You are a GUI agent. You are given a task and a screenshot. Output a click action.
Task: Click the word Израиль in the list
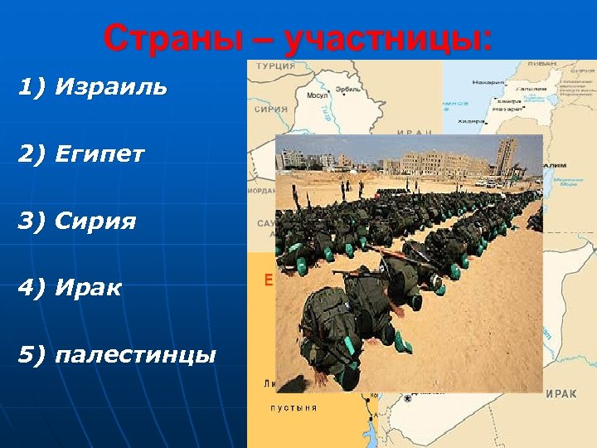[x=111, y=87]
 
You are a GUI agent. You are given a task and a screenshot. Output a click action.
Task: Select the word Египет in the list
[x=99, y=153]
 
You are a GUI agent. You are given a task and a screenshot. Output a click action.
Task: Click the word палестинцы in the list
[x=135, y=355]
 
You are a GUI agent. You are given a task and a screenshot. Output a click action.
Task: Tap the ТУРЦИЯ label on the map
[x=274, y=66]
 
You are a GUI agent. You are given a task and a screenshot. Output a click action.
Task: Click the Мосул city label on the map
[x=318, y=95]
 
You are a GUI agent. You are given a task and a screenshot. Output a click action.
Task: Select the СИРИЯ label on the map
[x=271, y=109]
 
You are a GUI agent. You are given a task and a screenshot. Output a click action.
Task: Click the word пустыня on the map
[x=293, y=407]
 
